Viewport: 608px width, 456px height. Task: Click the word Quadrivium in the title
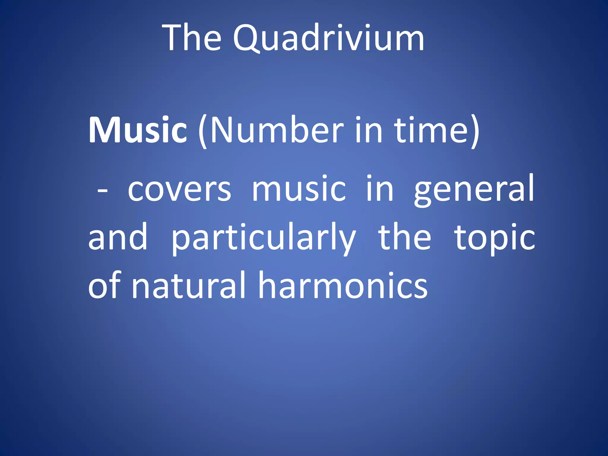tap(328, 39)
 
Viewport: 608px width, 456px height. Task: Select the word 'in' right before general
tap(380, 188)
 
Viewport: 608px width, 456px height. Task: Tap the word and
tap(118, 237)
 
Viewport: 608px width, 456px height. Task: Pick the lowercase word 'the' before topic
tap(404, 237)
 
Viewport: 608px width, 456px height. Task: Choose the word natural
tap(189, 285)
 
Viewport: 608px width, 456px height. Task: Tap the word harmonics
tap(343, 285)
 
